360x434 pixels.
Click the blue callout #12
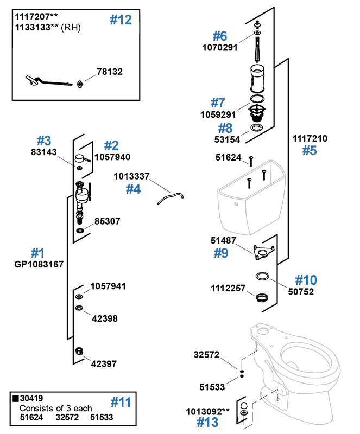tap(121, 20)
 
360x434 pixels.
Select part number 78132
tap(110, 71)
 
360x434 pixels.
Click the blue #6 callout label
tap(220, 36)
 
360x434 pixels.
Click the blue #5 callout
tap(309, 150)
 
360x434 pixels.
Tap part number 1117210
tap(310, 138)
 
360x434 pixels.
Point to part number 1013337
tap(131, 176)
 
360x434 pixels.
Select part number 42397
tap(103, 364)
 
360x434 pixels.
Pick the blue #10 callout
tap(306, 280)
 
